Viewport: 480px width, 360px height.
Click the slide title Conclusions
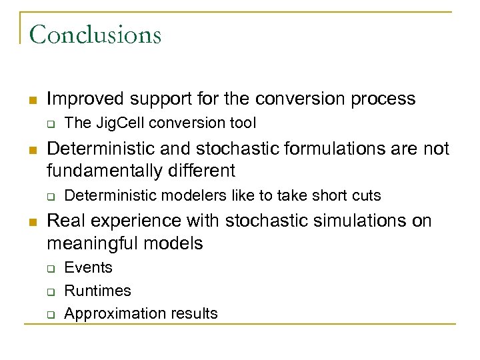(95, 34)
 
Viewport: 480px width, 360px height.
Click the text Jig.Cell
(118, 123)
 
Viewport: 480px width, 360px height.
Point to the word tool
(243, 123)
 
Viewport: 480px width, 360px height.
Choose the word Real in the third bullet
(65, 220)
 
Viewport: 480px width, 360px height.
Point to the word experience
(132, 220)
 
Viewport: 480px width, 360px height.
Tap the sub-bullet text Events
(88, 267)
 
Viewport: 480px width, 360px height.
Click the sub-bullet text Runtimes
(97, 291)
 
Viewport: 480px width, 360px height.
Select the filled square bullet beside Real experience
(31, 221)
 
